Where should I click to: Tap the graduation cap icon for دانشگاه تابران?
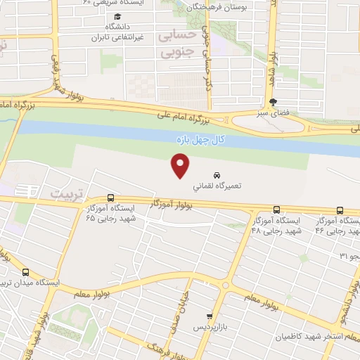point(117,16)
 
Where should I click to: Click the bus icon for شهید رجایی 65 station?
point(110,198)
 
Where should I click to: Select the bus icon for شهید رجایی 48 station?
point(276,210)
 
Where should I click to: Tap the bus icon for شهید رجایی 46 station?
point(340,210)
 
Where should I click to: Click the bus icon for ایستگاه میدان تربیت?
point(25,272)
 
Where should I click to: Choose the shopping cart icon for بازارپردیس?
point(209,317)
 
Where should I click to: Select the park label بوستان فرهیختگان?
point(225,6)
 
